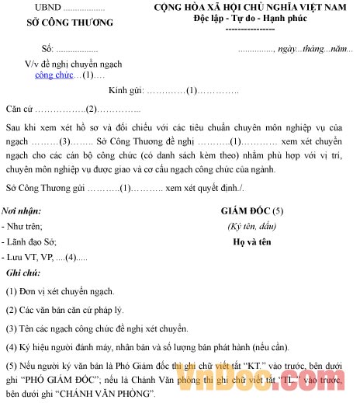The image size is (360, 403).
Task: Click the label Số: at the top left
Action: point(29,49)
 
